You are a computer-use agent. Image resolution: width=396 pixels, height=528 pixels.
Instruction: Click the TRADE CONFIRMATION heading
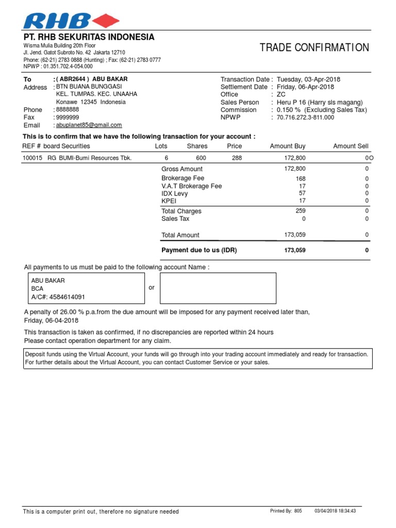click(x=314, y=48)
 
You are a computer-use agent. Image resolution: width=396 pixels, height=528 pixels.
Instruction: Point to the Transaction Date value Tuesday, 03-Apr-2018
click(x=308, y=79)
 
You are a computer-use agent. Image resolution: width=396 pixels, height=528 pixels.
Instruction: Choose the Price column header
click(x=234, y=146)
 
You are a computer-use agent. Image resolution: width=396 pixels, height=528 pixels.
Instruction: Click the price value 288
click(x=237, y=158)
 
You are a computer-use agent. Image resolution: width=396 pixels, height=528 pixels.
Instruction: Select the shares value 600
click(x=201, y=158)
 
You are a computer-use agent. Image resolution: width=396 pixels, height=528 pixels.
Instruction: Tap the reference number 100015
click(x=32, y=158)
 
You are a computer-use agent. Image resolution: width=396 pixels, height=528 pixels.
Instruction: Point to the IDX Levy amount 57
click(x=302, y=193)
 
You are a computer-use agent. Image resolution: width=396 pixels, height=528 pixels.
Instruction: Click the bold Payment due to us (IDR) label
click(x=199, y=250)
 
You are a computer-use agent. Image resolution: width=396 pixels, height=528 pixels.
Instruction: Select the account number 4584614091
click(x=66, y=298)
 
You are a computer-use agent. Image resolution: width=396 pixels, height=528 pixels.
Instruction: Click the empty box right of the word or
click(x=218, y=288)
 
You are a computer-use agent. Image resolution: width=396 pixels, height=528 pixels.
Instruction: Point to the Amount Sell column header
click(x=351, y=146)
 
